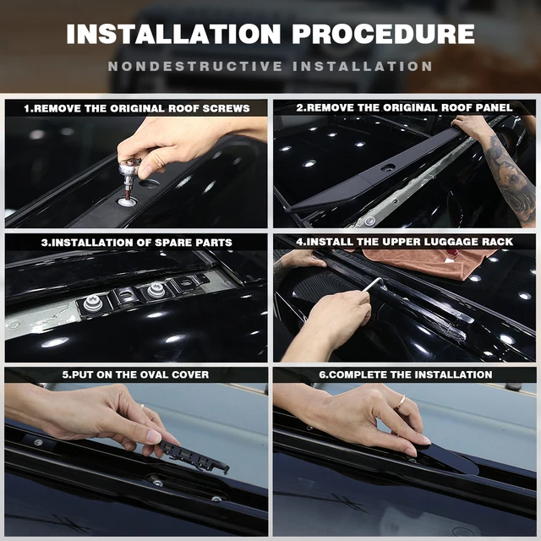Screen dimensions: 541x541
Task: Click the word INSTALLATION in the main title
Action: click(x=173, y=34)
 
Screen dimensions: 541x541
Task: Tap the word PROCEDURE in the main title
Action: click(x=383, y=34)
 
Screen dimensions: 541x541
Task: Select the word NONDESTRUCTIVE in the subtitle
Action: click(x=195, y=66)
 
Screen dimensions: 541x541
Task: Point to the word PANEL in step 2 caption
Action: click(x=494, y=107)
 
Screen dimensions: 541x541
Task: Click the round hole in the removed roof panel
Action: click(x=387, y=168)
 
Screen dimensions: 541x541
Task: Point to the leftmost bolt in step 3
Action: click(x=92, y=303)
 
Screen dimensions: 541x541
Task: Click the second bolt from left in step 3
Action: click(x=155, y=290)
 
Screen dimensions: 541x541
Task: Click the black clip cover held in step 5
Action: click(x=194, y=455)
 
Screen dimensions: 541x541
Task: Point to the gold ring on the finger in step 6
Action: click(x=402, y=402)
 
